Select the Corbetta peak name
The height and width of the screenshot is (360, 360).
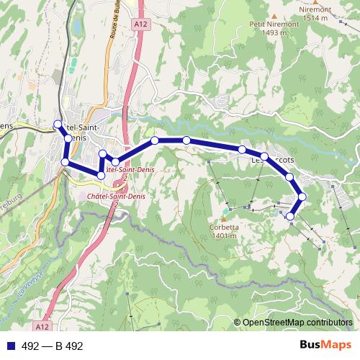click(x=223, y=226)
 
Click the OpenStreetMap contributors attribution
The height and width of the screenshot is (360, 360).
click(x=293, y=323)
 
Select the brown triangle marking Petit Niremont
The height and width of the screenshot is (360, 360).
click(x=275, y=13)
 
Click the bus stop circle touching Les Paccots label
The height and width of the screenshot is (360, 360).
click(x=264, y=157)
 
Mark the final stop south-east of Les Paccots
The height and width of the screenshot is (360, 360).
click(x=291, y=216)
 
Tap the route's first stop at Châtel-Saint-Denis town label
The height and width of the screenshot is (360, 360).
click(x=58, y=124)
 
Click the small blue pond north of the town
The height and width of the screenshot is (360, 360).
click(x=76, y=27)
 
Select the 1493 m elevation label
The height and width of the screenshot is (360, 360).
click(x=264, y=32)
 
